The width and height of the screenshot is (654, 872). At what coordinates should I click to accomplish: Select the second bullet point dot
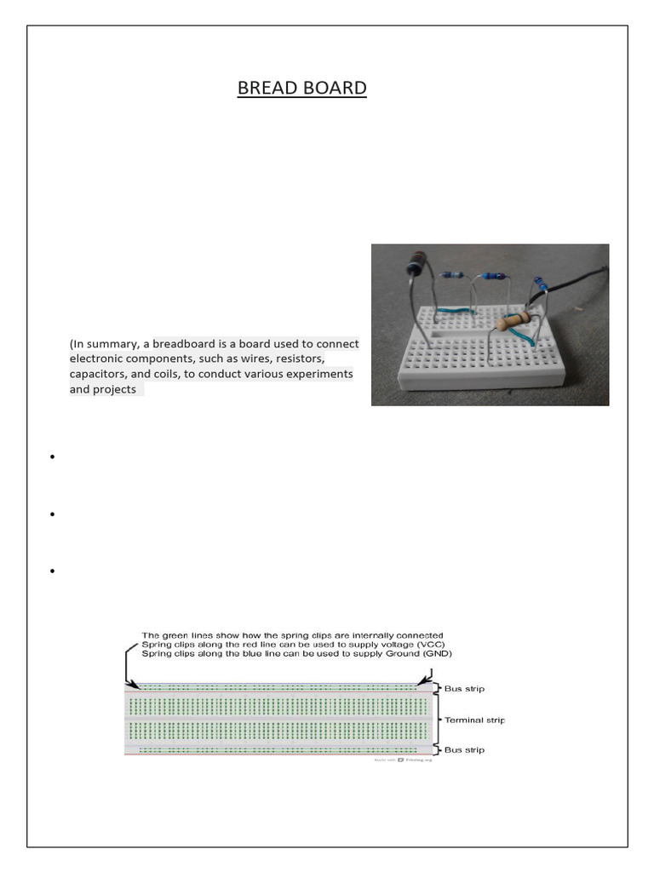53,514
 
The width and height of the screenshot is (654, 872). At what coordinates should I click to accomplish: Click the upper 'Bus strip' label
464,688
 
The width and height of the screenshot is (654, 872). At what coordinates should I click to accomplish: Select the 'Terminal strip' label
474,720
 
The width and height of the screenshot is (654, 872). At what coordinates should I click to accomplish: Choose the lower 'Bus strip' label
464,750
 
